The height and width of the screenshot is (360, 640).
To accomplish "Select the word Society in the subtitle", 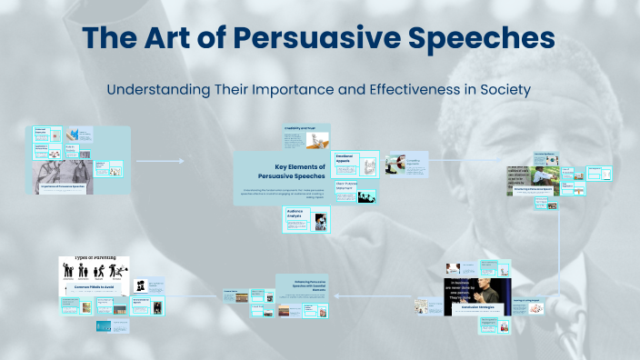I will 505,90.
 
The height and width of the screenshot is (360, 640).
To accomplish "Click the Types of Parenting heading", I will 95,259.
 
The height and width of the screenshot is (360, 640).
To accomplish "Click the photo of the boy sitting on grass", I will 543,175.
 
